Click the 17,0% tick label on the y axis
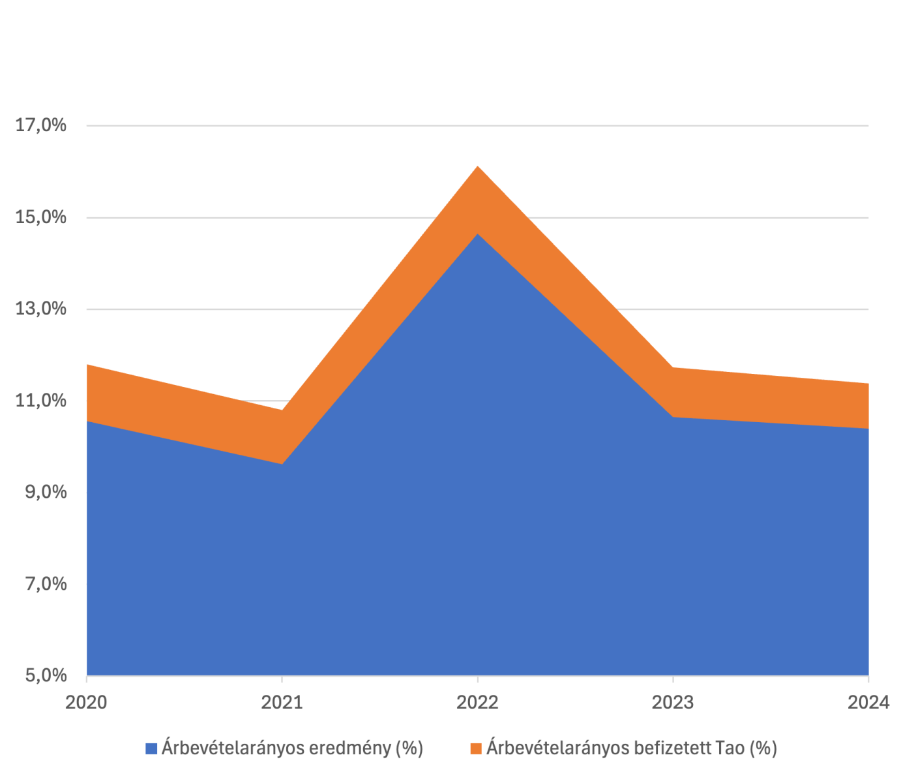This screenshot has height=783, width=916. [x=41, y=125]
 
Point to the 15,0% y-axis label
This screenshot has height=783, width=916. [x=41, y=217]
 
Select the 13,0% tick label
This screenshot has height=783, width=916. [x=41, y=309]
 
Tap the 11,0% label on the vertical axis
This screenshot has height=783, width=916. [x=41, y=401]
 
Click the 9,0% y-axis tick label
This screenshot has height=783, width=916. [x=46, y=492]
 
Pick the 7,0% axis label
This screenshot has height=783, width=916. [x=46, y=584]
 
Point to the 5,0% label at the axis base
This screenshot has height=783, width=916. [x=46, y=675]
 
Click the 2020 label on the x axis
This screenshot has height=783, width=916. [x=87, y=702]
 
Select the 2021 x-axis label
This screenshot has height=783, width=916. [x=282, y=702]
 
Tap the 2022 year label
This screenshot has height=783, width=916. [x=478, y=702]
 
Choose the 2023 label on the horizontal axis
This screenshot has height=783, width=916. [x=673, y=702]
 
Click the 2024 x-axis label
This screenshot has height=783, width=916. [x=868, y=702]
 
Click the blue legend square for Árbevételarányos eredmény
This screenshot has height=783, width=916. [x=151, y=748]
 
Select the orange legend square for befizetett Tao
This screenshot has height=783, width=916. [x=476, y=748]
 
